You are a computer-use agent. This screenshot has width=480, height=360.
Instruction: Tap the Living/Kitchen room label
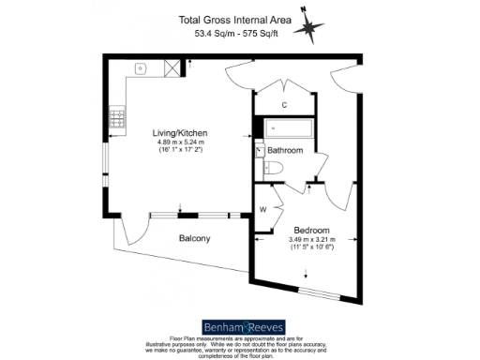coord(181,133)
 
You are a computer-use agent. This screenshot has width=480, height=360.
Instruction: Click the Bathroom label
coord(285,150)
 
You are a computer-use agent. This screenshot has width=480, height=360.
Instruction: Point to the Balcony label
coord(194,238)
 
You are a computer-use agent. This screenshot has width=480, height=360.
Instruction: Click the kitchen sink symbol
coord(140,68)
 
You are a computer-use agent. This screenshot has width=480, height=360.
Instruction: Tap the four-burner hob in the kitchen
coord(120,118)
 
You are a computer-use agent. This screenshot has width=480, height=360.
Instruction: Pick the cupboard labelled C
coord(284,104)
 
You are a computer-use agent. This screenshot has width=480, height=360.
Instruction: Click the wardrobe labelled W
coord(264,209)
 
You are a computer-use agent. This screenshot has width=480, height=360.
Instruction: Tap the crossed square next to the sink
coord(172,67)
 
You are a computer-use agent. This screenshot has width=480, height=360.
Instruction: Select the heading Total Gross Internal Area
coord(240,19)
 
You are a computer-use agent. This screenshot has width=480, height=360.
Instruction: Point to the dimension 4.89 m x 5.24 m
coord(181,143)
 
